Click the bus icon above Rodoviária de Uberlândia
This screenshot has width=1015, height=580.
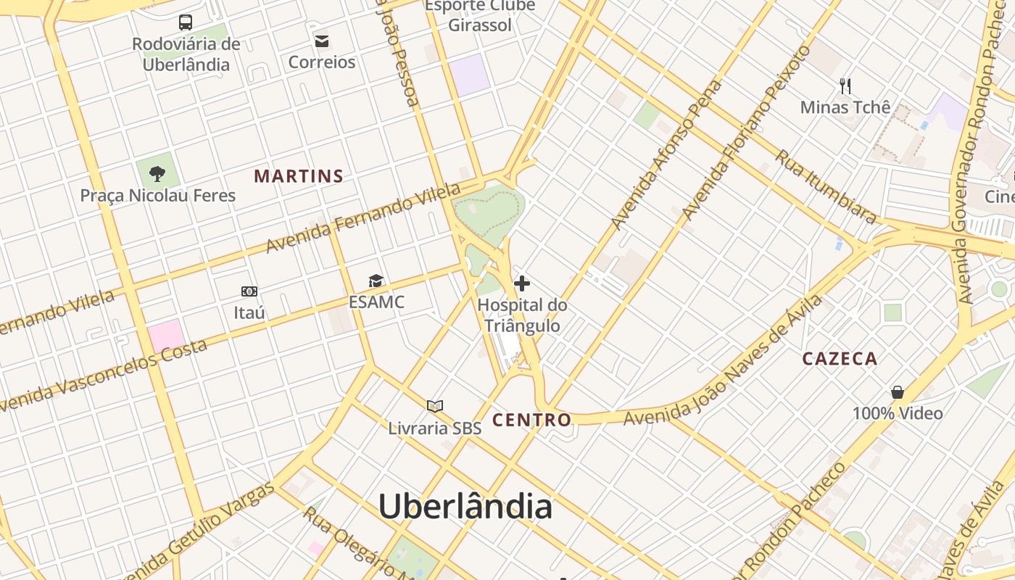pyautogui.click(x=186, y=22)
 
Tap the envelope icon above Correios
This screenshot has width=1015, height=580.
pyautogui.click(x=321, y=41)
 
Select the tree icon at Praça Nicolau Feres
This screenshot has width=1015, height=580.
pyautogui.click(x=157, y=174)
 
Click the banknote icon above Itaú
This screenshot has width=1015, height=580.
pyautogui.click(x=249, y=291)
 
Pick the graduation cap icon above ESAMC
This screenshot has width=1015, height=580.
pyautogui.click(x=376, y=281)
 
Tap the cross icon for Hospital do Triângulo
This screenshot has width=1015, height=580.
pyautogui.click(x=522, y=283)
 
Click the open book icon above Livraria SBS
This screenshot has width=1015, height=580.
pyautogui.click(x=435, y=407)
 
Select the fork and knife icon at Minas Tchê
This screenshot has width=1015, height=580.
pyautogui.click(x=845, y=86)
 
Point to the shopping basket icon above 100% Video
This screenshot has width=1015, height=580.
pyautogui.click(x=898, y=392)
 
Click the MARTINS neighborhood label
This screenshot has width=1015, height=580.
pyautogui.click(x=299, y=176)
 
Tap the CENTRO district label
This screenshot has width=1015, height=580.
pyautogui.click(x=531, y=420)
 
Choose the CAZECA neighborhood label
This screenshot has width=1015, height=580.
pyautogui.click(x=840, y=358)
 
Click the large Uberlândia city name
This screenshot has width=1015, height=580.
pyautogui.click(x=465, y=506)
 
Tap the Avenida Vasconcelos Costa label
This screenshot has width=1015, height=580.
pyautogui.click(x=101, y=376)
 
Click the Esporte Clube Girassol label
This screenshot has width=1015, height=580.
pyautogui.click(x=480, y=15)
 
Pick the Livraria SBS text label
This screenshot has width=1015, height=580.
pyautogui.click(x=435, y=428)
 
